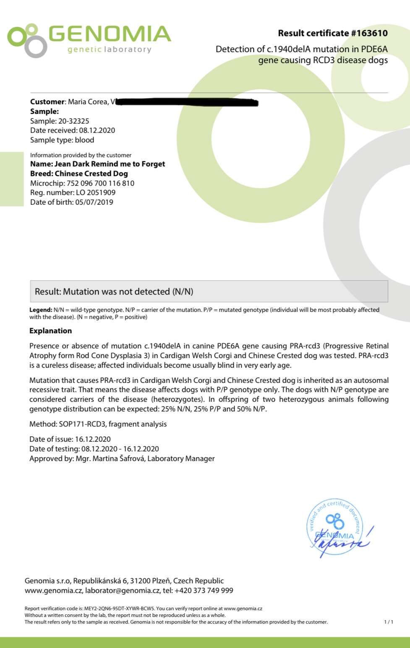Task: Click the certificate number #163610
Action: click(368, 33)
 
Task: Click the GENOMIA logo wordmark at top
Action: click(110, 34)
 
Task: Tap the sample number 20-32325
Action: click(73, 121)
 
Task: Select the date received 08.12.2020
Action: click(97, 131)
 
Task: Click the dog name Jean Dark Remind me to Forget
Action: click(110, 164)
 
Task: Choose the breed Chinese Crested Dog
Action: click(91, 174)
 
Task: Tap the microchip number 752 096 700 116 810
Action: click(100, 183)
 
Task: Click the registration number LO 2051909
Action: click(95, 193)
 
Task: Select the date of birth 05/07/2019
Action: click(94, 202)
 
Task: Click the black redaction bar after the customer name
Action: click(187, 102)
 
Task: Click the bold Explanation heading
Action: click(50, 331)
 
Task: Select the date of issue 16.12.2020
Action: click(93, 440)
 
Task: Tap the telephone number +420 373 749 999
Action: click(205, 591)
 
